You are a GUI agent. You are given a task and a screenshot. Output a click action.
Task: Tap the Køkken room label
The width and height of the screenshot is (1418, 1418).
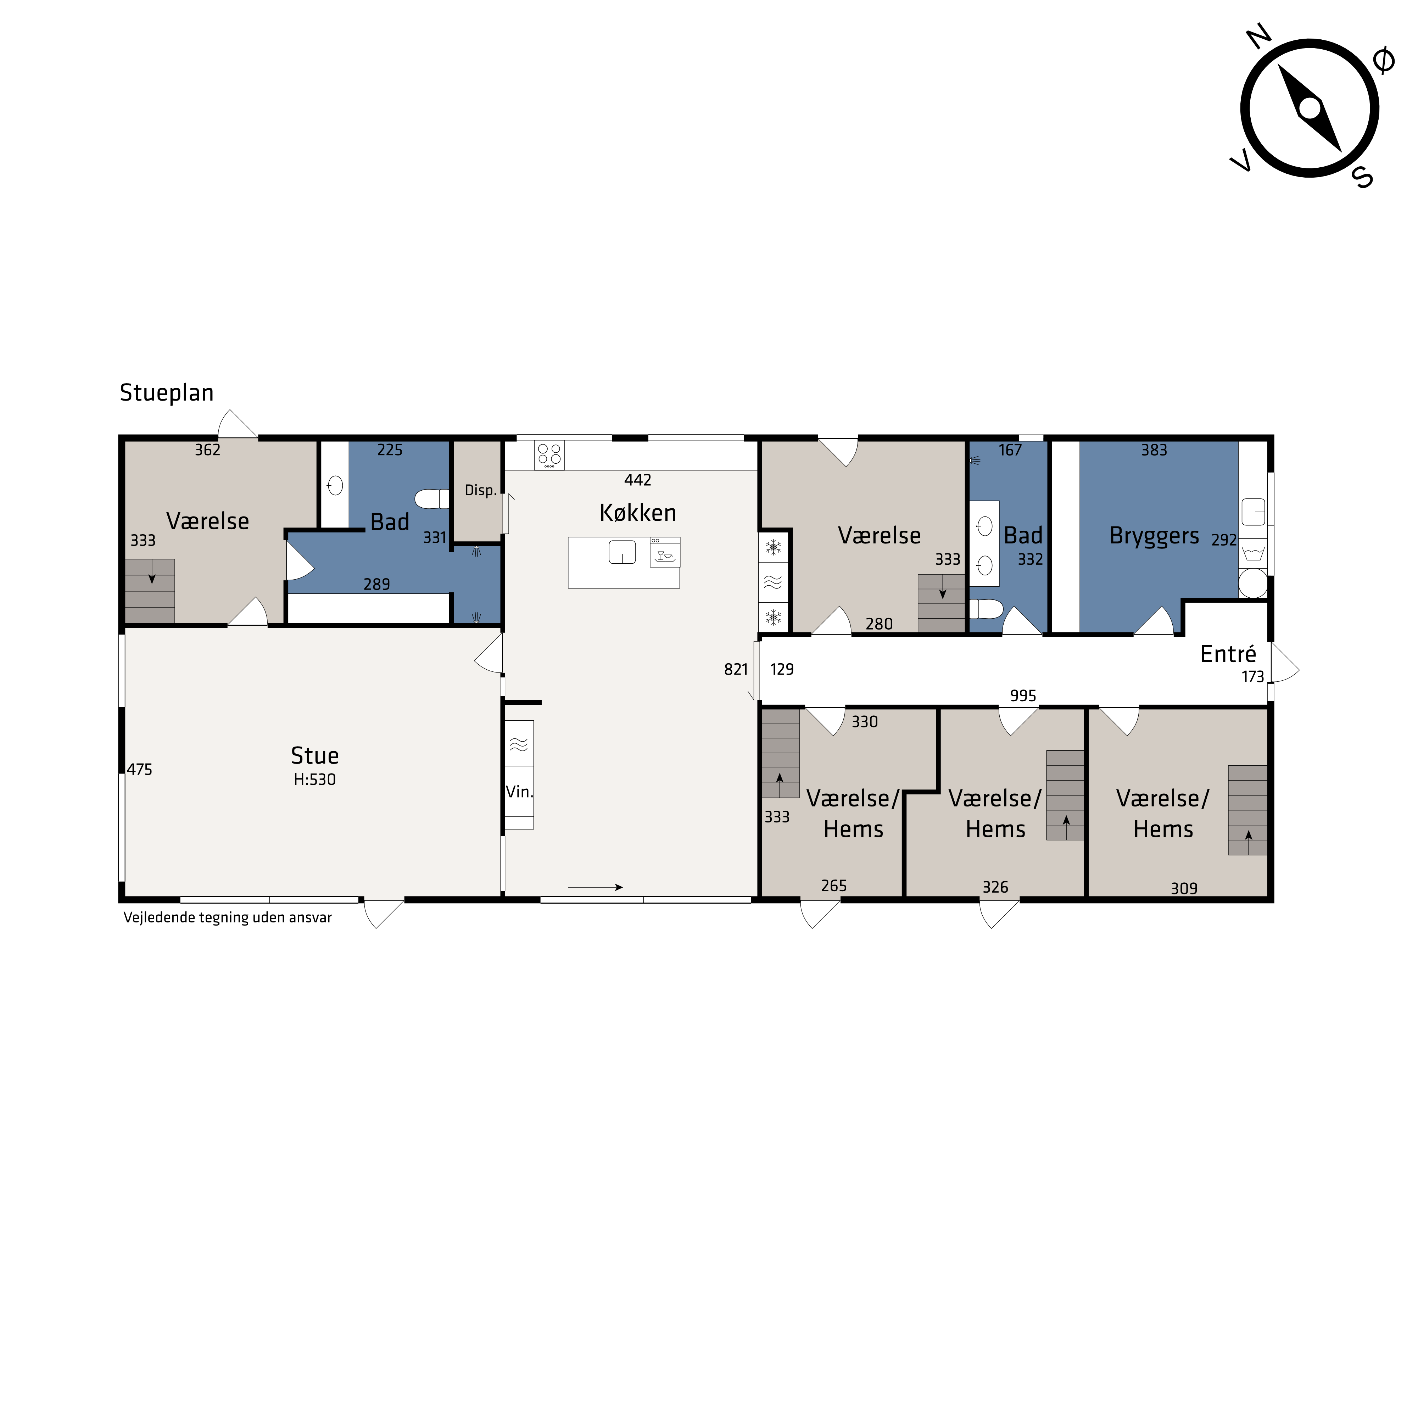pos(638,512)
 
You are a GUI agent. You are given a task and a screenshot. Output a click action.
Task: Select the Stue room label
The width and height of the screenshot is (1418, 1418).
pos(315,755)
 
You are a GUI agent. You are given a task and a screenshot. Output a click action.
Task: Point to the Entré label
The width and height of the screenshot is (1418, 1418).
pos(1228,653)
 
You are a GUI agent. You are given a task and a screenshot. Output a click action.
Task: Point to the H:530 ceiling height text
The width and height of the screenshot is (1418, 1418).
pos(315,780)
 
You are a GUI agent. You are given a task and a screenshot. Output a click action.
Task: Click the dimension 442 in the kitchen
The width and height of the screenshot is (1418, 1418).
pos(638,480)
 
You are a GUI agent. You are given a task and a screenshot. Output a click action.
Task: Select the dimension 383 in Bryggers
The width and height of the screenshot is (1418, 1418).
pos(1154,450)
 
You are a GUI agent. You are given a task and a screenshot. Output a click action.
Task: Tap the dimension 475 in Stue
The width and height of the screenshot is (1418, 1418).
pos(139,769)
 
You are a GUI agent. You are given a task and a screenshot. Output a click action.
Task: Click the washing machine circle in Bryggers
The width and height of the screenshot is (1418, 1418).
pos(1253,584)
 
